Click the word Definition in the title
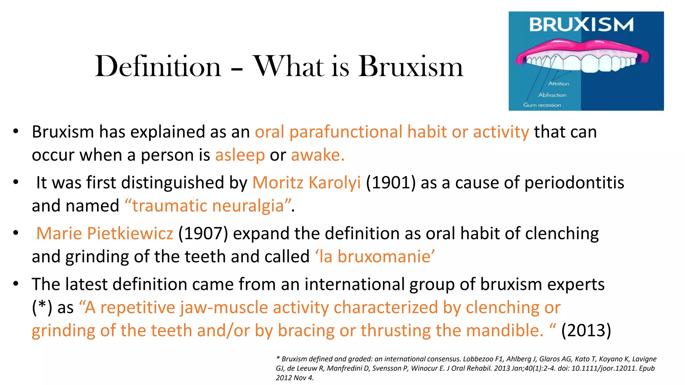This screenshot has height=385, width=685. click(x=158, y=67)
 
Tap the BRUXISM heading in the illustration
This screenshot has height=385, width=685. click(x=581, y=25)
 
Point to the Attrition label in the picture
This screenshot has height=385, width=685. click(x=559, y=84)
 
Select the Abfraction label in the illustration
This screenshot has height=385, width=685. click(x=552, y=95)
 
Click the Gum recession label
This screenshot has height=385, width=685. click(x=542, y=105)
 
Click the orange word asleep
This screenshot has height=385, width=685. click(x=240, y=155)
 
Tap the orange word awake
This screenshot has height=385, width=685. click(x=317, y=155)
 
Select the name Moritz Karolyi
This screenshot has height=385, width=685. click(x=306, y=183)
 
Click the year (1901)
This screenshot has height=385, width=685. click(x=391, y=183)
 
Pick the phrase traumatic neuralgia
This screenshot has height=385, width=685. click(x=208, y=206)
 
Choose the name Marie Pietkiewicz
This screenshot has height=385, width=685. click(x=105, y=233)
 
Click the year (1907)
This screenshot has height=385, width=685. click(x=203, y=233)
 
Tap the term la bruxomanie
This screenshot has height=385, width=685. click(x=375, y=257)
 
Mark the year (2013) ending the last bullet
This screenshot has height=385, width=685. click(x=586, y=331)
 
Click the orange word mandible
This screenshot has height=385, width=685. click(x=505, y=331)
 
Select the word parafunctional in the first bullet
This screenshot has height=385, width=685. click(x=346, y=132)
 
